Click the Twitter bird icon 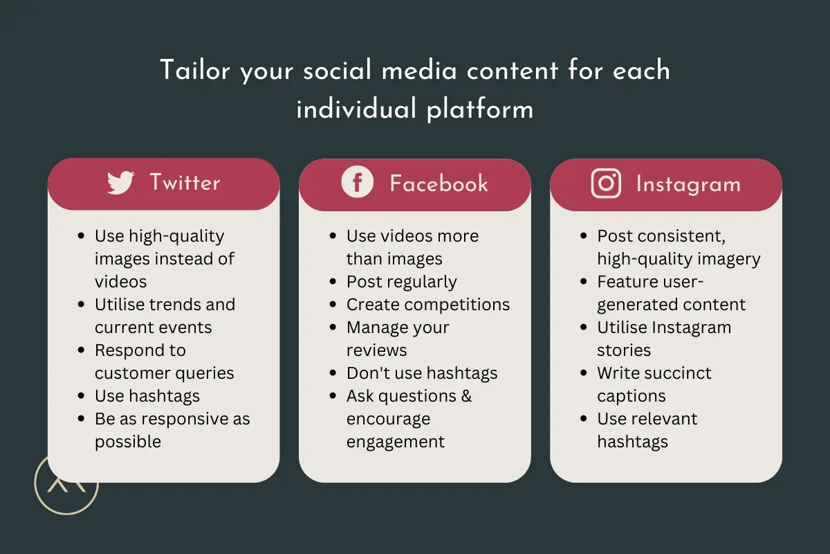click(120, 182)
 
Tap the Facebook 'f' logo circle click(357, 182)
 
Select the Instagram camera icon click(606, 184)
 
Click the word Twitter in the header click(185, 182)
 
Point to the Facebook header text click(439, 184)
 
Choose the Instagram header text click(688, 184)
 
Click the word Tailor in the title click(195, 70)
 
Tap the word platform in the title click(480, 109)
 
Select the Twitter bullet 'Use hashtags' click(147, 396)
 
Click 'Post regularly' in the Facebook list click(402, 282)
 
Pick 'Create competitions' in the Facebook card click(428, 305)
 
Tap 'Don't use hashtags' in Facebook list click(422, 373)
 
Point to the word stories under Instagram click(624, 350)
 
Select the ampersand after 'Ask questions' click(466, 396)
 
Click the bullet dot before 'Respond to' click(81, 350)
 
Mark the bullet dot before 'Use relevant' click(584, 419)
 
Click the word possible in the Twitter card click(128, 442)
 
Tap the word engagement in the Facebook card click(396, 442)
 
